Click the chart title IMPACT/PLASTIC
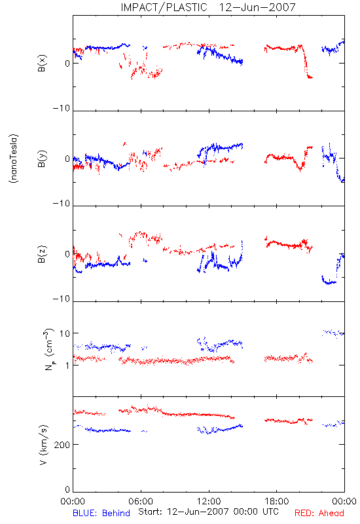tap(164, 7)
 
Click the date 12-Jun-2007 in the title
tap(257, 7)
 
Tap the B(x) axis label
tap(42, 63)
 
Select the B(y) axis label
tap(42, 159)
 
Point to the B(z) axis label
tap(42, 254)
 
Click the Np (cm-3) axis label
tap(48, 349)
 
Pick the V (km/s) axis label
tap(43, 445)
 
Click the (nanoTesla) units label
tap(14, 159)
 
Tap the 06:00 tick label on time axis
tap(141, 501)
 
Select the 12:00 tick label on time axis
tap(209, 501)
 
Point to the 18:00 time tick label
tap(276, 501)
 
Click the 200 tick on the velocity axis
tap(62, 445)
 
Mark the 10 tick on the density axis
tap(64, 333)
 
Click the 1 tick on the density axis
tap(67, 365)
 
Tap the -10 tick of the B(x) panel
tap(62, 108)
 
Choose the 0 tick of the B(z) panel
tap(67, 254)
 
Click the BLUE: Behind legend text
tap(101, 514)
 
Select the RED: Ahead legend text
tap(319, 514)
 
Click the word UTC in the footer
tap(270, 512)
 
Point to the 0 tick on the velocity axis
tap(67, 490)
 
